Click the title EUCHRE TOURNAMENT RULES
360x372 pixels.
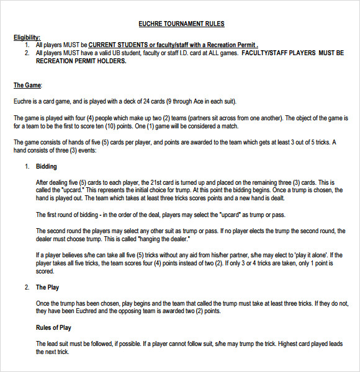coord(181,24)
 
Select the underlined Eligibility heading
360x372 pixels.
coord(27,38)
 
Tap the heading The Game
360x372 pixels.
coord(27,85)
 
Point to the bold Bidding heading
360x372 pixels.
coord(47,167)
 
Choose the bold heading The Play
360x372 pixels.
coord(48,287)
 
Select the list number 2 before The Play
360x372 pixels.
coord(27,287)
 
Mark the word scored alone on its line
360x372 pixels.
coord(45,271)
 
